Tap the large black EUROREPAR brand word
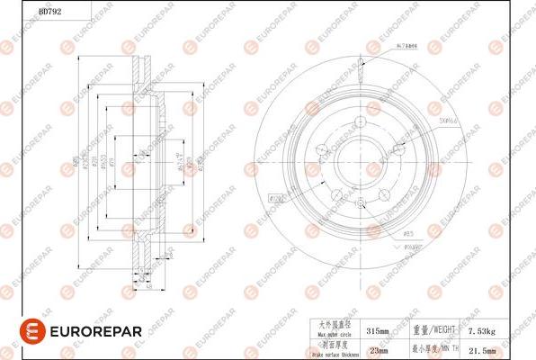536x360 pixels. point(87,332)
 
